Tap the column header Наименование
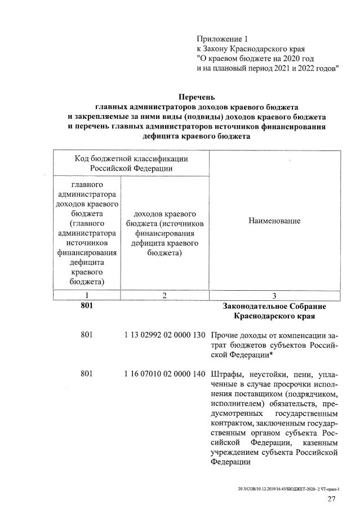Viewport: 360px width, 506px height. tap(274, 221)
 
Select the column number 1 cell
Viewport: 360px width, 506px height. tap(87, 295)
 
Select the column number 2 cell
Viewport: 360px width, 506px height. tap(164, 295)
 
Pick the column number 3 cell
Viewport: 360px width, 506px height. tap(274, 295)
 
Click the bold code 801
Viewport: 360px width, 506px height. tap(87, 305)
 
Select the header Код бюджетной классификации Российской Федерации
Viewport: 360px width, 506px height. tap(131, 163)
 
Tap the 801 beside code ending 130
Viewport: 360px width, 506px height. tap(87, 336)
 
